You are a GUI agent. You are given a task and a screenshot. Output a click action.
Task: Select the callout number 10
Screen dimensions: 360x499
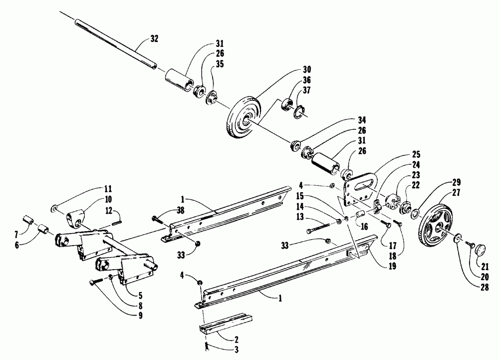(x=108, y=198)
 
